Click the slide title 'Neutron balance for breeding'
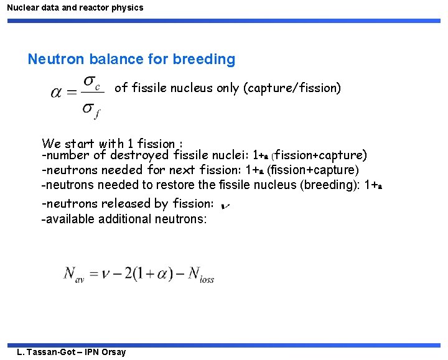click(131, 60)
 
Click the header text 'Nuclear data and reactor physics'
click(75, 8)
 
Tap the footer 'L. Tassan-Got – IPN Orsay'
click(72, 352)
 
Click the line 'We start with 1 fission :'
click(111, 144)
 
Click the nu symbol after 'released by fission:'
click(225, 205)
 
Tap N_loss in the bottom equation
click(200, 275)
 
